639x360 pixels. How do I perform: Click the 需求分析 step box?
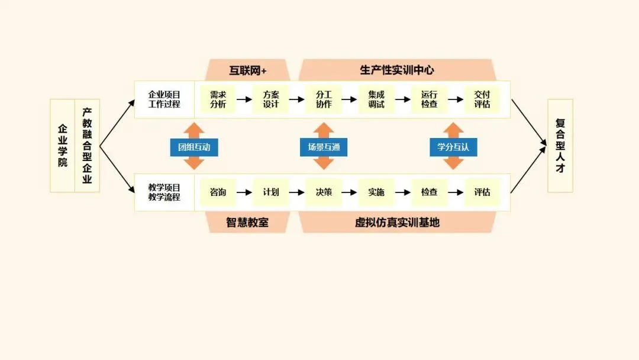(218, 99)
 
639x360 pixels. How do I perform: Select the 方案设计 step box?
(271, 99)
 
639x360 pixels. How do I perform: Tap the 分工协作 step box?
(324, 99)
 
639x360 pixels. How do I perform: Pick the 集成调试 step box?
(376, 99)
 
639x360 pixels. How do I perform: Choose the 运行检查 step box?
(430, 99)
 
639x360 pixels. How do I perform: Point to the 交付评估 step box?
(482, 99)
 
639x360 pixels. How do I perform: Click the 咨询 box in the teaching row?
(218, 192)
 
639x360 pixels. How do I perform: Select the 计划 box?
(271, 192)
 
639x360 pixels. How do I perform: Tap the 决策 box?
(324, 192)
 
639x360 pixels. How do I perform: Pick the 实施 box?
(376, 192)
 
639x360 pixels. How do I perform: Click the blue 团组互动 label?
(194, 147)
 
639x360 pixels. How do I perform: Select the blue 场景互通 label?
(324, 147)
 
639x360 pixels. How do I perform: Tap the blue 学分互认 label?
(453, 147)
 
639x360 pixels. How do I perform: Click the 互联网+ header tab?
(248, 70)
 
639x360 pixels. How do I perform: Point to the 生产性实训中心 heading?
(396, 70)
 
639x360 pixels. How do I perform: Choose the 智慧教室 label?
(247, 223)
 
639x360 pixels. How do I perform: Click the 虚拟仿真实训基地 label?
(397, 223)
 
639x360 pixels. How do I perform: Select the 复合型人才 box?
(560, 146)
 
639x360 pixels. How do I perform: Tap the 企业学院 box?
(62, 146)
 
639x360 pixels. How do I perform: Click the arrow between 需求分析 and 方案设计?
(244, 99)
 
